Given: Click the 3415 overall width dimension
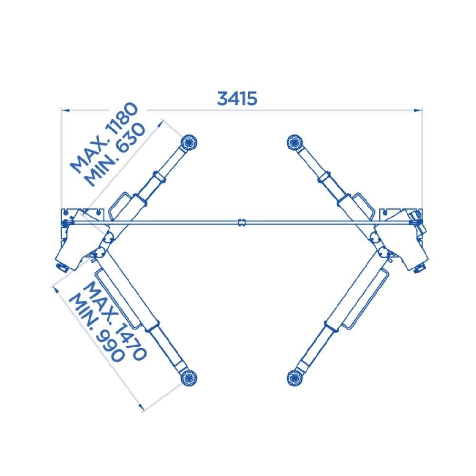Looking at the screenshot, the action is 237,99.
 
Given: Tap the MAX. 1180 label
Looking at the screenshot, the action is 104,138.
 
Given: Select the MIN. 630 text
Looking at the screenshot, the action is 115,155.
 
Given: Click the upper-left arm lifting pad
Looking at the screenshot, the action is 188,142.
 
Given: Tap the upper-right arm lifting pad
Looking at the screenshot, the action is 294,142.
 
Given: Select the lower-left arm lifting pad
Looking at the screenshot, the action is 188,378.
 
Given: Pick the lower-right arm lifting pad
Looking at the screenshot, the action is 294,378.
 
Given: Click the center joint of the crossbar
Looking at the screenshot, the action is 242,223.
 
